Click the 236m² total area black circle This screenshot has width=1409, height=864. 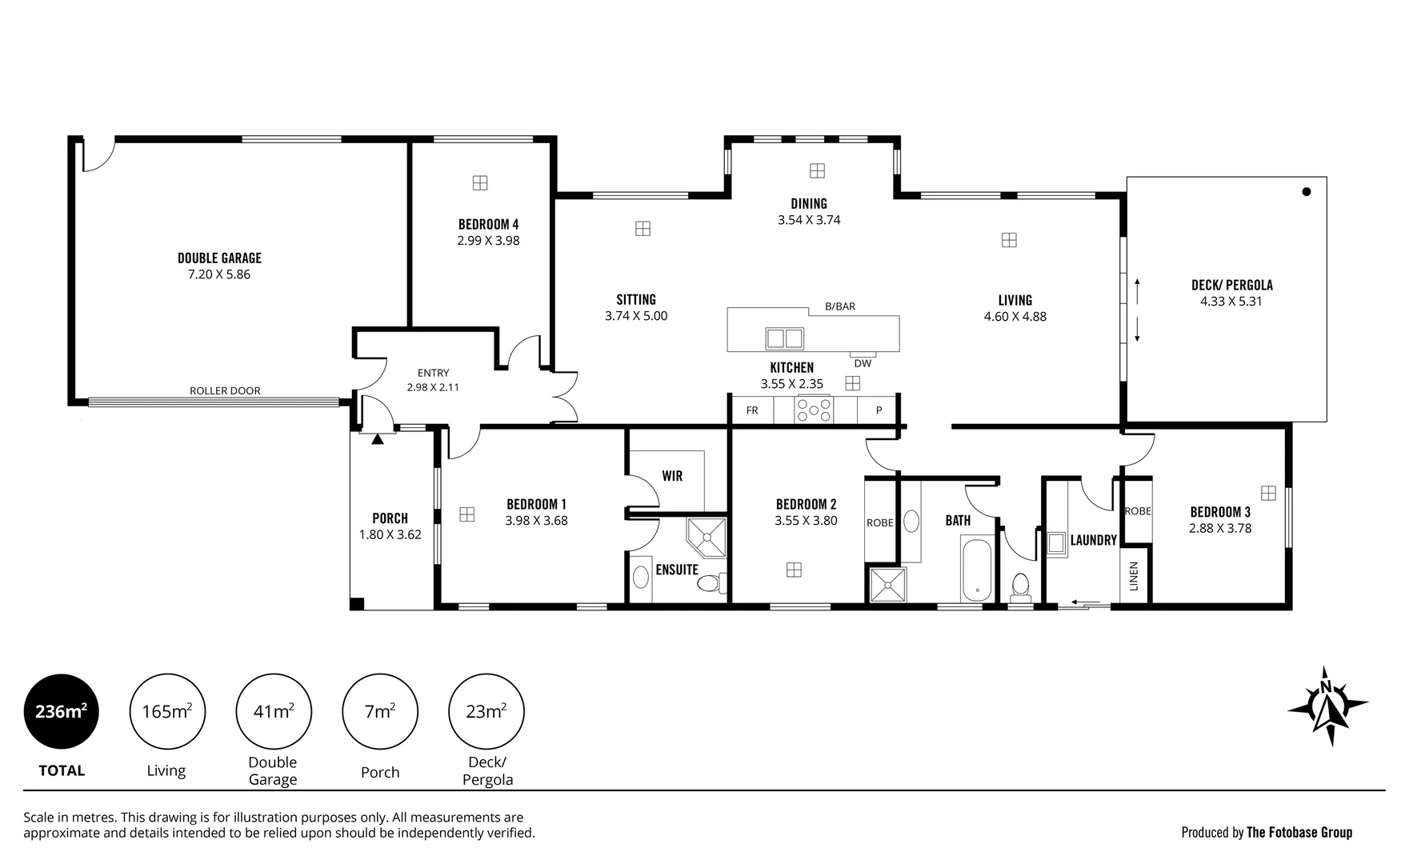[62, 711]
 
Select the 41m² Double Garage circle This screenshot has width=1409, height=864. [274, 711]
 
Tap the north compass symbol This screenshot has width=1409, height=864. [1327, 706]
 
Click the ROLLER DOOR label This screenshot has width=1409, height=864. [225, 391]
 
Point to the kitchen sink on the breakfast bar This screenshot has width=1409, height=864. [784, 338]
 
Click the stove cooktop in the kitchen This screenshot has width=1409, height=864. [814, 410]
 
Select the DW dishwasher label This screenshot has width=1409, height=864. [863, 363]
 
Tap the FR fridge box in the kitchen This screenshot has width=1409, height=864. [752, 410]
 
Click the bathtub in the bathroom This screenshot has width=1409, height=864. [977, 570]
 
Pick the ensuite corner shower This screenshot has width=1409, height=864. [707, 537]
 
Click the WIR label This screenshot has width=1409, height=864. [672, 476]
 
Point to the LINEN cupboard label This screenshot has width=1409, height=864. [1134, 576]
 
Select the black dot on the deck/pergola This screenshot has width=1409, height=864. [1307, 191]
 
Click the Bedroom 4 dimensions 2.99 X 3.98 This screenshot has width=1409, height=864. [488, 241]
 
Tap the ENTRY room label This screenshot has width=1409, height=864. [433, 373]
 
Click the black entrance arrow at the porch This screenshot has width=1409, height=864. [378, 438]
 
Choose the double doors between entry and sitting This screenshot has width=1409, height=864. [565, 397]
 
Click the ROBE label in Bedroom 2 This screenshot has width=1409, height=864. [879, 523]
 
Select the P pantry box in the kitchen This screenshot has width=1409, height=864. [879, 410]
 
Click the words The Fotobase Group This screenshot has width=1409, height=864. [1299, 833]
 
